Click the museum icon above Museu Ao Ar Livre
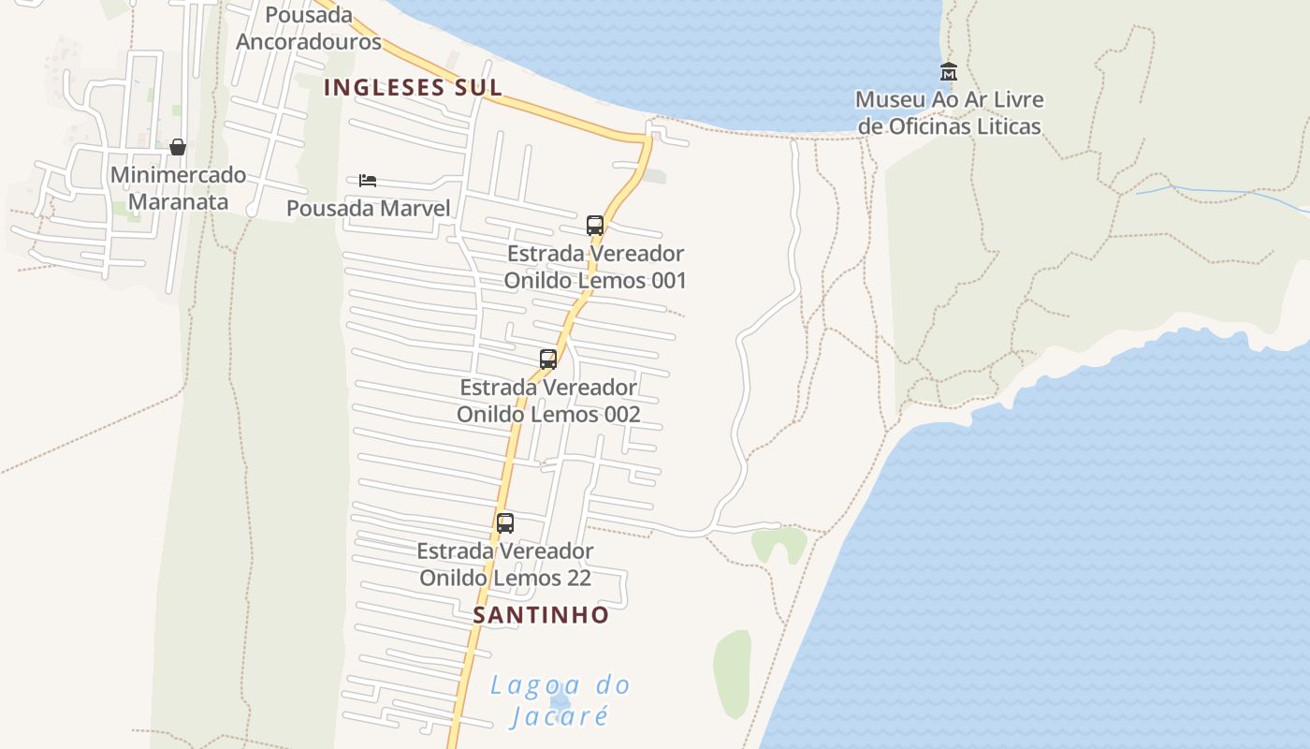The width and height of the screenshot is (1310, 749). point(949,71)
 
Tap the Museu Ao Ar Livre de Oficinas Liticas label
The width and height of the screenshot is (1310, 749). point(949,112)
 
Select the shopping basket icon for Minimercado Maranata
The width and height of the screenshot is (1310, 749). point(178,147)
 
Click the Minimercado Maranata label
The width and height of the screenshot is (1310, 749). point(178,188)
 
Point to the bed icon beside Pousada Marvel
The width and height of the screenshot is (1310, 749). point(368,180)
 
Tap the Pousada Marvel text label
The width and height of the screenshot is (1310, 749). point(369,208)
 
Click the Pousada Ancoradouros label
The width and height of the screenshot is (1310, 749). point(309,28)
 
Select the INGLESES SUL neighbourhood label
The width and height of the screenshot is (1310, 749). point(413,88)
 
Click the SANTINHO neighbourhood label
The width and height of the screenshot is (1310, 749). point(541,615)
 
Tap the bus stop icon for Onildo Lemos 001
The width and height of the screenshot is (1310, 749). point(595,225)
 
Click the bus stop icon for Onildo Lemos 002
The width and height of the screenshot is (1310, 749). point(548,359)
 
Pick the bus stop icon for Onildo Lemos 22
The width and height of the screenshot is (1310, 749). point(505,522)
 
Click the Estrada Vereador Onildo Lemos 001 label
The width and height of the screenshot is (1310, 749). point(595,267)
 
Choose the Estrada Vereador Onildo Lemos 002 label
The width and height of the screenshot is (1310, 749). point(548,401)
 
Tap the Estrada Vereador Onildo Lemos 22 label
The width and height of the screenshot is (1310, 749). point(505,565)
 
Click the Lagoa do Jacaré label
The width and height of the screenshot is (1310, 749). point(560,700)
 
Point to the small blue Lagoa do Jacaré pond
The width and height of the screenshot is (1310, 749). point(560,701)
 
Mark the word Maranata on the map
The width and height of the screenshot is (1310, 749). point(178,202)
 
